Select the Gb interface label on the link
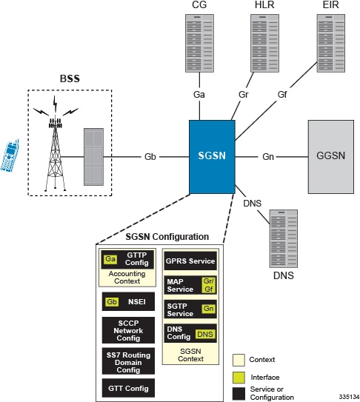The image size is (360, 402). (x=150, y=157)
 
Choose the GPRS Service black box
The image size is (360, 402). (x=190, y=261)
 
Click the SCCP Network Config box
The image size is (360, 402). (x=128, y=329)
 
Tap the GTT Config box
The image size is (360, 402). (x=128, y=386)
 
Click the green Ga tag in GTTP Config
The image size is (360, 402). (x=110, y=258)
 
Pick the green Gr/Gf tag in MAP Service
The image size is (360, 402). (x=208, y=285)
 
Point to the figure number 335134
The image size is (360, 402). (x=344, y=396)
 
